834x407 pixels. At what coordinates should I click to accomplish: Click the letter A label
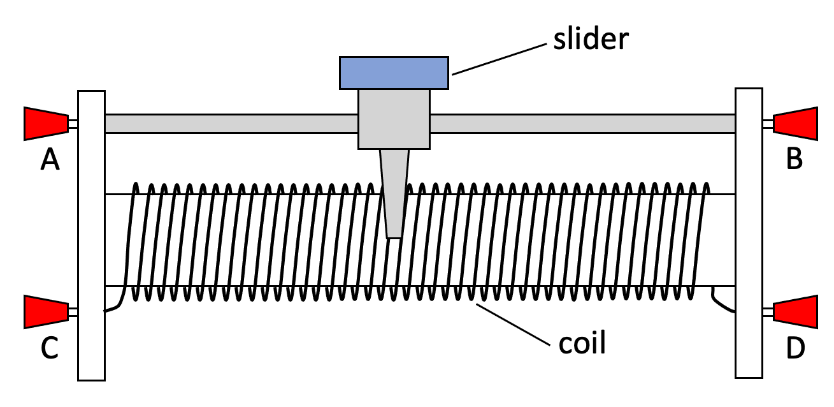point(50,160)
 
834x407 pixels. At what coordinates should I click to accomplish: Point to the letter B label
point(794,159)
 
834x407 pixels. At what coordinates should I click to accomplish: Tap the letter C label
point(50,348)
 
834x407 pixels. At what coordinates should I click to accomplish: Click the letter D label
point(794,348)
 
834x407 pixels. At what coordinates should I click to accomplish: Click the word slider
point(591,40)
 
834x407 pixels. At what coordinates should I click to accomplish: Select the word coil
point(582,343)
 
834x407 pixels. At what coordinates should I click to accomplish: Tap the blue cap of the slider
point(394,73)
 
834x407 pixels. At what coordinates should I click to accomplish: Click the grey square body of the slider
point(394,119)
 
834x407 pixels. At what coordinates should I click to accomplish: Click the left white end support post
point(91,235)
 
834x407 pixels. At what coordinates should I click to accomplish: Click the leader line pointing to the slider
point(500,59)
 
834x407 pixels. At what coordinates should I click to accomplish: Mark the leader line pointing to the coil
point(513,325)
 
